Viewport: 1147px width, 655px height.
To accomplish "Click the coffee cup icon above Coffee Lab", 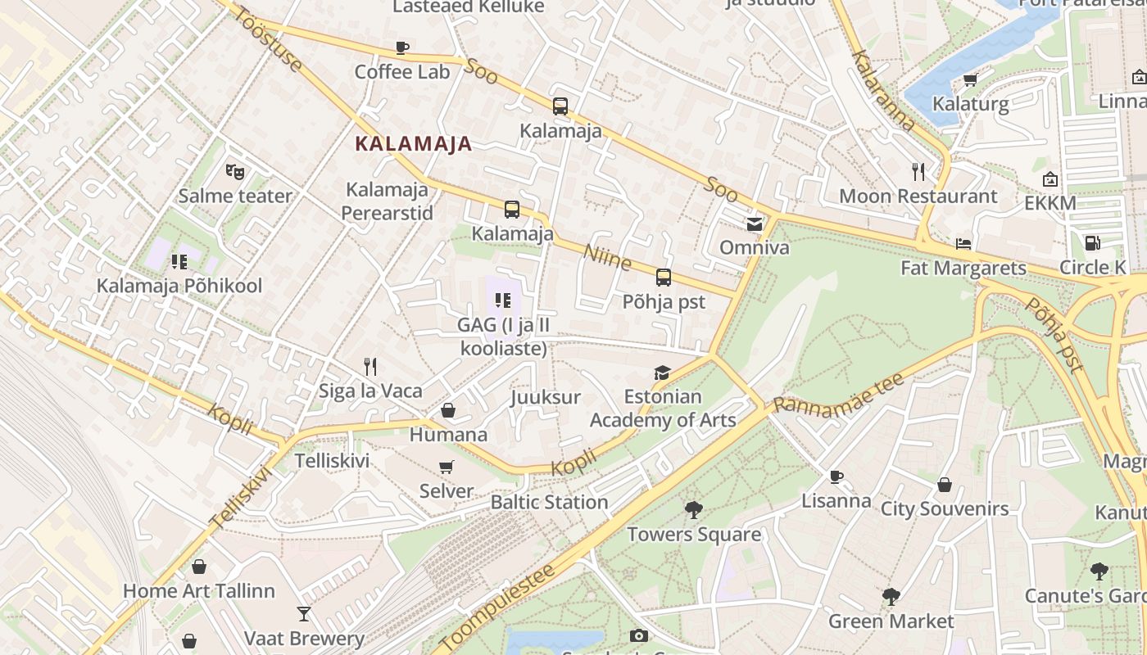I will tap(401, 47).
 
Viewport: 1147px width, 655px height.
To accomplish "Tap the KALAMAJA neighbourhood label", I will tap(413, 144).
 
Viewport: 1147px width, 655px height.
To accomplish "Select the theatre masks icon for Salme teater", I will tap(235, 172).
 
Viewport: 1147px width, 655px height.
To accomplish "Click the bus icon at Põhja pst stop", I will tap(664, 278).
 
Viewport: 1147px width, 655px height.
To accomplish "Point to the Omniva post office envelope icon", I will tap(754, 223).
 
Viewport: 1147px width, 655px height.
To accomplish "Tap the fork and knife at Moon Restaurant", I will tap(918, 172).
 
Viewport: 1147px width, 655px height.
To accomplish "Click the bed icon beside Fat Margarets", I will tap(963, 244).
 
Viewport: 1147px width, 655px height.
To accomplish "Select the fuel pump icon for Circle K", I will tap(1092, 243).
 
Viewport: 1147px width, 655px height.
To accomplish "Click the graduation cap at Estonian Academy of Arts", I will tap(662, 373).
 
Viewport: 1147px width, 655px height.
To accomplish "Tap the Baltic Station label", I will tap(549, 502).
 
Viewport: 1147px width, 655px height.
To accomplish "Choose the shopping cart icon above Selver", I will tap(447, 468).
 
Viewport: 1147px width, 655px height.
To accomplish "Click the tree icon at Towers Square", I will tap(694, 510).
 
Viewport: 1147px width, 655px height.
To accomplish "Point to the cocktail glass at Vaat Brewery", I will tap(304, 613).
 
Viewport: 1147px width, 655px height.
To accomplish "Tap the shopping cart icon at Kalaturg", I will tap(971, 79).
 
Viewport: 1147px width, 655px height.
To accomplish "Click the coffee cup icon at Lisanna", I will tap(836, 477).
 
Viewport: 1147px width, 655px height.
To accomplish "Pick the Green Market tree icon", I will tap(891, 596).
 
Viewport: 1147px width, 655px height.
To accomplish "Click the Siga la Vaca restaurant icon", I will tap(370, 366).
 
